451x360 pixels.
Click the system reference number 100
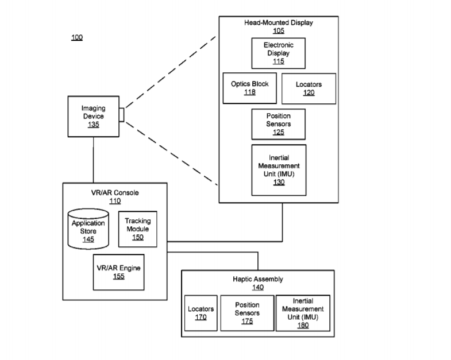76,38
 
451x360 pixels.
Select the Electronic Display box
278,53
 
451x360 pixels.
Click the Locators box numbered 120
309,88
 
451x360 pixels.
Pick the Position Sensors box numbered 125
278,123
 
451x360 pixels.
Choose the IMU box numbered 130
279,169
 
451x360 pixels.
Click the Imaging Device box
93,116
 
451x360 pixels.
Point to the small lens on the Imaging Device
121,115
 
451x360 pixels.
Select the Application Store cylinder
88,229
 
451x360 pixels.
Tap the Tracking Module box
137,229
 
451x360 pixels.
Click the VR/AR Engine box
118,272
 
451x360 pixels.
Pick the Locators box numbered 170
201,313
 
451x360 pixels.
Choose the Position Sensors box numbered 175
247,313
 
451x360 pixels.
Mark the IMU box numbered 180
303,313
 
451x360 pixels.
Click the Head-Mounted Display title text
279,23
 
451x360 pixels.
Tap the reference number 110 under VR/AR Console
115,201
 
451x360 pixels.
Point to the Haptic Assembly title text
259,280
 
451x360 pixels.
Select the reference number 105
279,31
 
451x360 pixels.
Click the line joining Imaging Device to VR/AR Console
93,160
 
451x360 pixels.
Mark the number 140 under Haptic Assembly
259,288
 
